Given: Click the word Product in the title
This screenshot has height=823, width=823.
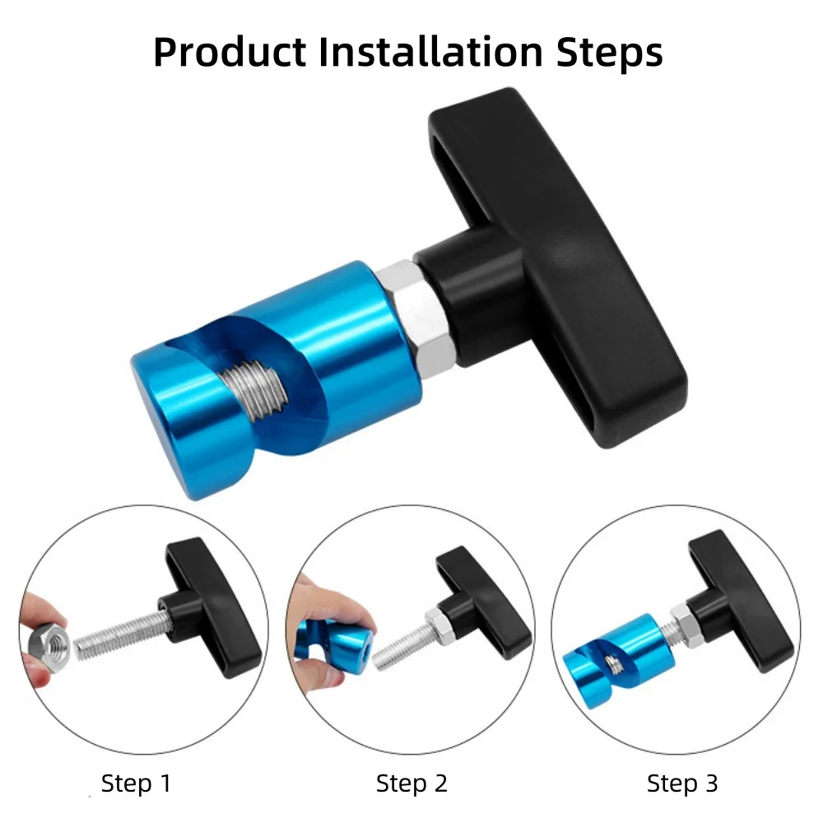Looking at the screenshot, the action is pyautogui.click(x=230, y=53).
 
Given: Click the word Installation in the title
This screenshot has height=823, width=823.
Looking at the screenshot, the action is pyautogui.click(x=431, y=53).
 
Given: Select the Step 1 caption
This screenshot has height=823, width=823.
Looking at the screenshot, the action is pyautogui.click(x=136, y=783).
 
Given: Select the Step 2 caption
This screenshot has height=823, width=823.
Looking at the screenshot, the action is pyautogui.click(x=411, y=783).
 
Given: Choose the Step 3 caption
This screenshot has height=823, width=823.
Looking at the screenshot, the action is pyautogui.click(x=681, y=783).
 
